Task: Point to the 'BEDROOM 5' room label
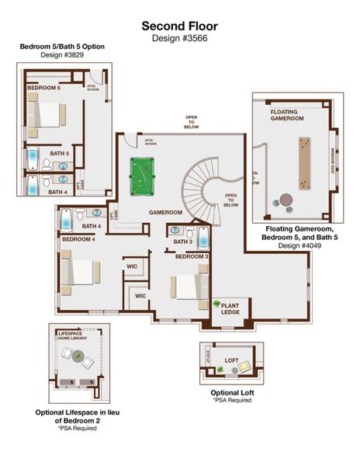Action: [43, 89]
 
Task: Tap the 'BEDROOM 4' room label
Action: [78, 239]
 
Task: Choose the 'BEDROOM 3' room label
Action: [192, 256]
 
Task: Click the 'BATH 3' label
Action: [182, 242]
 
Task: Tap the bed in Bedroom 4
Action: [78, 273]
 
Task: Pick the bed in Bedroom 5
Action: [46, 115]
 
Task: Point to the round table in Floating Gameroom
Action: [286, 199]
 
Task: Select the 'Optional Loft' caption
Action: [232, 392]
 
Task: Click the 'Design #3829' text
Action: [62, 55]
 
